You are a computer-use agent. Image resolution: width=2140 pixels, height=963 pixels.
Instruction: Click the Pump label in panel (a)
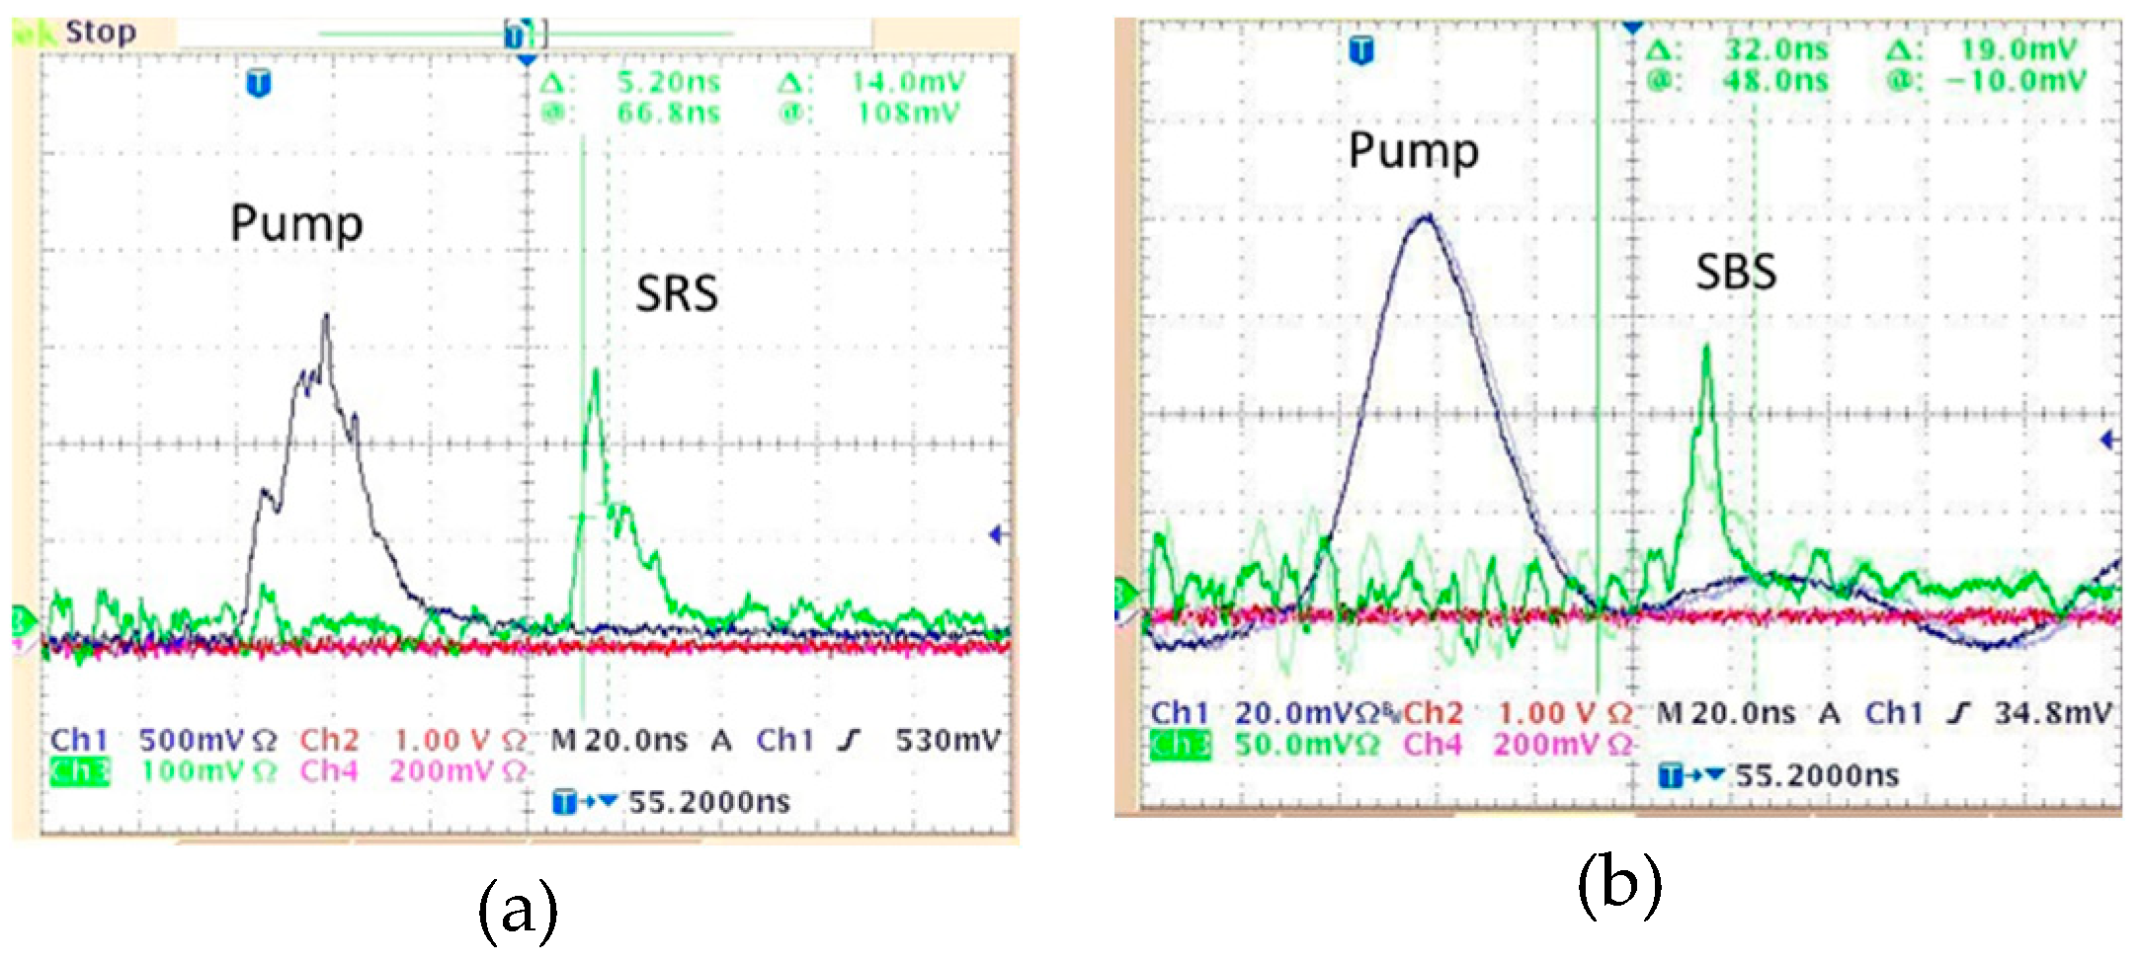296,224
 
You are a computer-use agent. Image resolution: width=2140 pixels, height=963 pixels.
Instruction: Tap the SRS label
677,293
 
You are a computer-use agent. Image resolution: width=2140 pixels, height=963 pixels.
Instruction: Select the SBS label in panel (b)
1736,273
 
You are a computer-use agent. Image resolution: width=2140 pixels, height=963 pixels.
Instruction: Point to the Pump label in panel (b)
1414,152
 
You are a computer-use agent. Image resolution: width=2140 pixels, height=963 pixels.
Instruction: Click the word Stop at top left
101,33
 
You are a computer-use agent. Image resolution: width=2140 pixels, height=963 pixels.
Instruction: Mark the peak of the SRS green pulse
595,371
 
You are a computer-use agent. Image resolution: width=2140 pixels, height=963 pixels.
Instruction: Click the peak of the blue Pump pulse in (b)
1426,216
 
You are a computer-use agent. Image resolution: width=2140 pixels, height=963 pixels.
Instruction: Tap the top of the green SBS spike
1706,346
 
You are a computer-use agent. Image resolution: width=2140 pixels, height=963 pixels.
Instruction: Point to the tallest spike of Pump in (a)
325,316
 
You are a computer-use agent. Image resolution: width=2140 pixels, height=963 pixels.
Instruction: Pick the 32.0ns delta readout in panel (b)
1776,49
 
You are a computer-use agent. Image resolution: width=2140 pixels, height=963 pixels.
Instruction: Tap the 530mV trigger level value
947,740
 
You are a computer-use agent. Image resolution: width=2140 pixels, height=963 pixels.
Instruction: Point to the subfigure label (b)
1618,884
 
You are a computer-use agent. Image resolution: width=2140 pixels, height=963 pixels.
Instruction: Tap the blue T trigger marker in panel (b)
1361,49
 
